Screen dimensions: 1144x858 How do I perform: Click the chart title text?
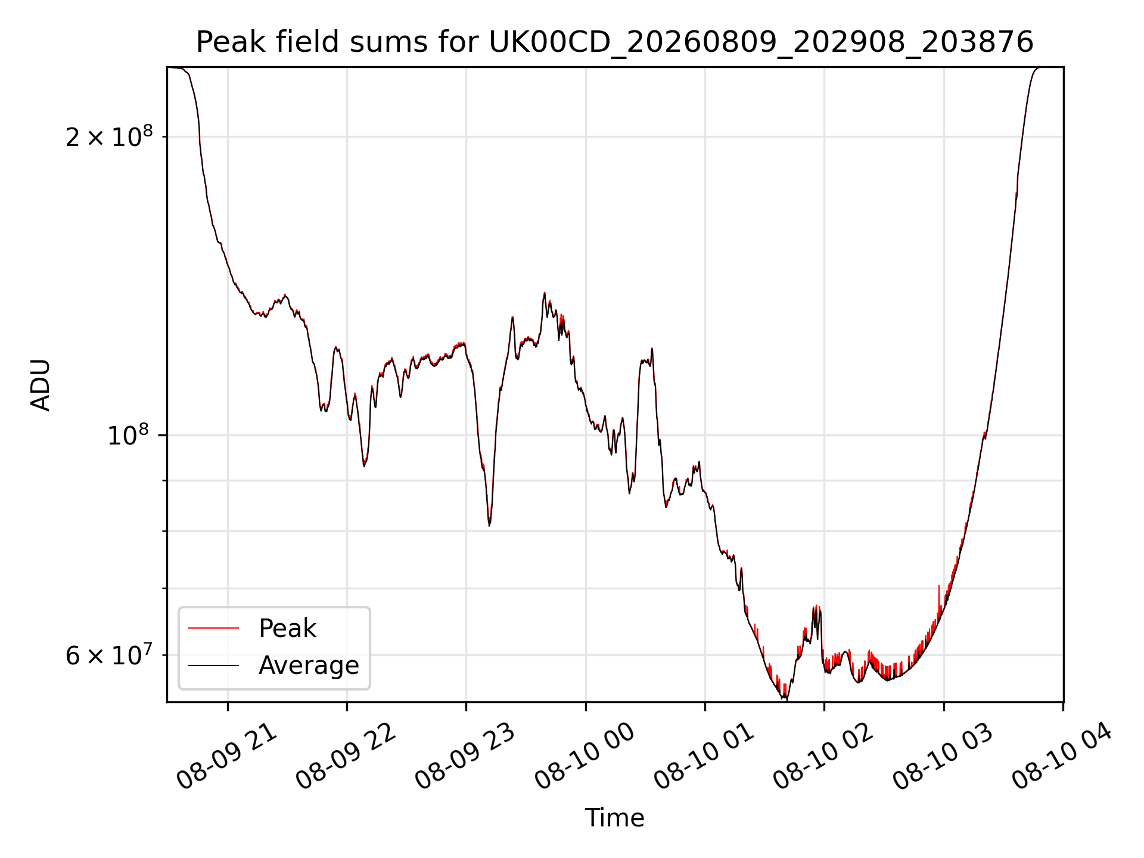coord(614,42)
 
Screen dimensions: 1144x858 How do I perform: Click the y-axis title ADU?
coord(41,385)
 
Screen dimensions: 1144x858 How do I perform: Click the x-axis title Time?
coord(614,818)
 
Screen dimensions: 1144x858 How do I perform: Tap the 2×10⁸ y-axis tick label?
coord(109,137)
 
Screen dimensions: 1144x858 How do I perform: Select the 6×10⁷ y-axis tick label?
coord(109,655)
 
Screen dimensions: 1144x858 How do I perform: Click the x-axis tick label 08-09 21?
coord(228,757)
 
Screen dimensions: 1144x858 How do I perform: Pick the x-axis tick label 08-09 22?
coord(347,757)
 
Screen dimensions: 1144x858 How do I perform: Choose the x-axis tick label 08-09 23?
coord(466,757)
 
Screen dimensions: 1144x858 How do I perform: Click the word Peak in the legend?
coord(287,629)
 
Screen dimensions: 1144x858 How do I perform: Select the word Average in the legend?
coord(309,666)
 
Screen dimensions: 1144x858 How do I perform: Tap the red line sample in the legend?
coord(213,628)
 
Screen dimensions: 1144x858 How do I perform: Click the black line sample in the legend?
coord(213,665)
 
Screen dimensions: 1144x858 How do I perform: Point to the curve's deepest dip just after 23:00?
coord(489,524)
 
